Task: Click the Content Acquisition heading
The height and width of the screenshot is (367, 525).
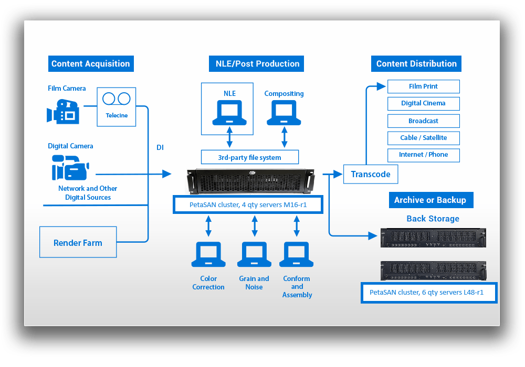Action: (x=90, y=64)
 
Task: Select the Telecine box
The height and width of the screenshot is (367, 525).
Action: (x=117, y=106)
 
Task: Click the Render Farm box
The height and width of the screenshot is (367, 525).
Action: (x=78, y=243)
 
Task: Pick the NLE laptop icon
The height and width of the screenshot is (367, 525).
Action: (x=229, y=113)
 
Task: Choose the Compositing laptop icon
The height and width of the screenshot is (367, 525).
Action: (x=284, y=113)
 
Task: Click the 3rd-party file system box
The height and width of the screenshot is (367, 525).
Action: (x=249, y=157)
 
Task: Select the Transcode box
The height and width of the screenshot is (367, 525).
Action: (x=370, y=174)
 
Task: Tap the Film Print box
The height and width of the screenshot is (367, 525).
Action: (x=423, y=87)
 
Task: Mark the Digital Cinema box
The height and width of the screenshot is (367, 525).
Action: (x=423, y=103)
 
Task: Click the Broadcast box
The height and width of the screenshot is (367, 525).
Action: (x=423, y=121)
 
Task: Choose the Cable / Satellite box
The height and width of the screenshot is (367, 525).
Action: (x=423, y=138)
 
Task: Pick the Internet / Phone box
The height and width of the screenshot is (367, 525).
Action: (x=423, y=155)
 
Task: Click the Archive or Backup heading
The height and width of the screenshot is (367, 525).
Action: (x=430, y=200)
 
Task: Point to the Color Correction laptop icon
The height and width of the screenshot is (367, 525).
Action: (x=208, y=255)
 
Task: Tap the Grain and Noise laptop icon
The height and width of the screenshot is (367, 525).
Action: (x=254, y=255)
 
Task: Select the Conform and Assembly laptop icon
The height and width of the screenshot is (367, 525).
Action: (x=297, y=255)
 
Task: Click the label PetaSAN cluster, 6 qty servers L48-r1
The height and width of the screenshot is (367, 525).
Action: (x=429, y=293)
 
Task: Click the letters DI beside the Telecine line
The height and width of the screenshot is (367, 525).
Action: (x=160, y=148)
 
